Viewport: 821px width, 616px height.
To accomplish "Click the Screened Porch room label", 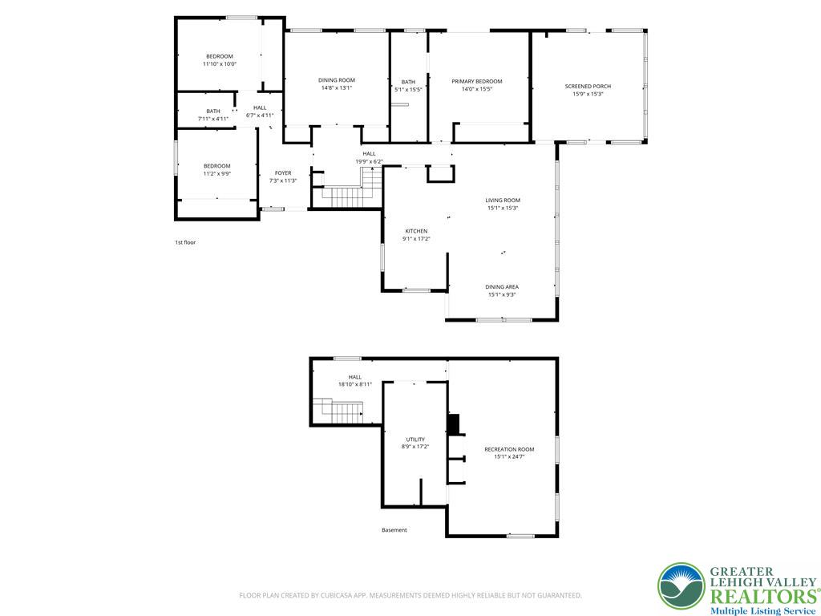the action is click(x=588, y=87).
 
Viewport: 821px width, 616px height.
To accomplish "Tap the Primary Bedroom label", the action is click(x=476, y=82).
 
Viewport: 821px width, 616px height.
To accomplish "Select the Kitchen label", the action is click(x=416, y=231).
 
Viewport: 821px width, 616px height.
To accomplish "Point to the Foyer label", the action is click(x=283, y=173).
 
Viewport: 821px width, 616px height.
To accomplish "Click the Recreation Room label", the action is click(x=509, y=449).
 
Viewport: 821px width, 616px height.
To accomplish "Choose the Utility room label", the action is click(x=415, y=440).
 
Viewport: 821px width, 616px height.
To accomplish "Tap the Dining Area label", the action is click(x=502, y=287).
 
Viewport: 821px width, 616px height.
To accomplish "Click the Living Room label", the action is click(x=503, y=200).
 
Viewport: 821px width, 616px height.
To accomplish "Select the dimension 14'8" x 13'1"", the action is click(x=336, y=88).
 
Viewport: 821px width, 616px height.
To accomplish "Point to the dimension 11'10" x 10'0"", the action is click(x=220, y=64).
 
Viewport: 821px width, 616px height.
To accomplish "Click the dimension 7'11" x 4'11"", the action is click(x=212, y=119).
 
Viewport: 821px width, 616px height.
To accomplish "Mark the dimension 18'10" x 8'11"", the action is click(x=354, y=384).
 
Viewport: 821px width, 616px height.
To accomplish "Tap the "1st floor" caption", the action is click(x=185, y=242).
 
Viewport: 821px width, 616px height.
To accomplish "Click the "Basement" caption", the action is click(x=394, y=530).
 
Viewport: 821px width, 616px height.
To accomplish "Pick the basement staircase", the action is click(x=338, y=411).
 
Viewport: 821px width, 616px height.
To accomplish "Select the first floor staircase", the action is click(x=347, y=190).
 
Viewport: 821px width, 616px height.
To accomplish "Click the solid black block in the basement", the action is click(x=454, y=423).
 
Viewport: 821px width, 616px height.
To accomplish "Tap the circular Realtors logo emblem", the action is click(x=681, y=586).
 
